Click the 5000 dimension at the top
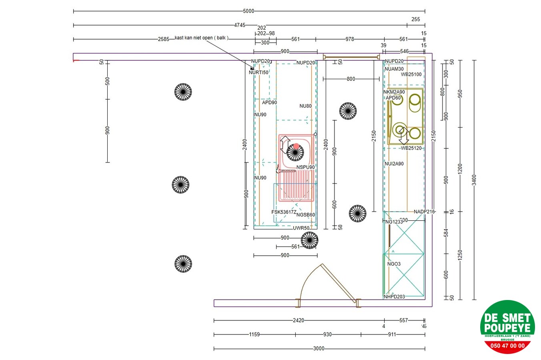click(x=248, y=11)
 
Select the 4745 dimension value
click(x=239, y=25)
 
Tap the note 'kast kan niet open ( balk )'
click(x=202, y=38)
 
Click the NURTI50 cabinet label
click(x=258, y=72)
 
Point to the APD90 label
click(x=269, y=102)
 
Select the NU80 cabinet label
click(x=305, y=106)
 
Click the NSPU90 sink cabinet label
click(x=305, y=167)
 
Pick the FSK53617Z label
click(x=284, y=212)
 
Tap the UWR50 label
click(x=301, y=228)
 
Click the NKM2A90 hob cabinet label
click(x=394, y=92)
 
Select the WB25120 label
click(x=411, y=148)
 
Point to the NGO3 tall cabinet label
click(x=394, y=264)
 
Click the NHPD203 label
click(x=394, y=297)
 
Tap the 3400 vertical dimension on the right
click(x=474, y=180)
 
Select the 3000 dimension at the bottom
click(x=319, y=348)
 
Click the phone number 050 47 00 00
click(x=507, y=346)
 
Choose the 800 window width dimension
click(x=351, y=79)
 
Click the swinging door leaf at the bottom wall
click(x=339, y=282)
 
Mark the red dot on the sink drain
click(x=296, y=146)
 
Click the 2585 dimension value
click(x=163, y=39)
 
